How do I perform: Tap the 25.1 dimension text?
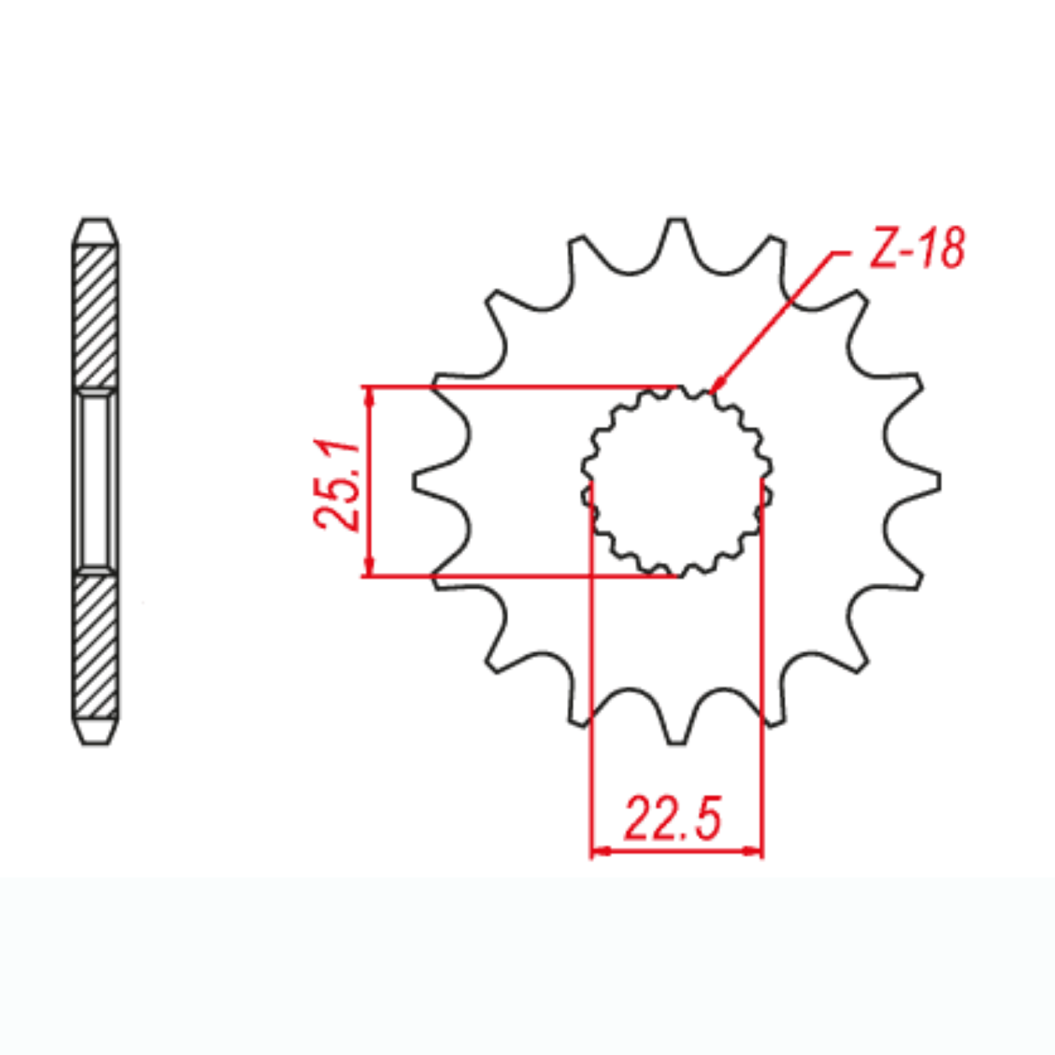pyautogui.click(x=338, y=483)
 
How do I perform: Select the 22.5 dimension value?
pyautogui.click(x=673, y=819)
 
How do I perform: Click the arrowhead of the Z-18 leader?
pyautogui.click(x=719, y=384)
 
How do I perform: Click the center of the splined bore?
pyautogui.click(x=677, y=482)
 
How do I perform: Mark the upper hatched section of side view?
pyautogui.click(x=96, y=315)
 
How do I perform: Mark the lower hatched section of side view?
pyautogui.click(x=96, y=646)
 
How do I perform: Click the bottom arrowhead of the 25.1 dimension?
pyautogui.click(x=369, y=569)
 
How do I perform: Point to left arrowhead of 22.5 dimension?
pyautogui.click(x=599, y=851)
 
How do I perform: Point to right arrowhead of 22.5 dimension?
pyautogui.click(x=754, y=851)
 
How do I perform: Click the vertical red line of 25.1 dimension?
pyautogui.click(x=369, y=481)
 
